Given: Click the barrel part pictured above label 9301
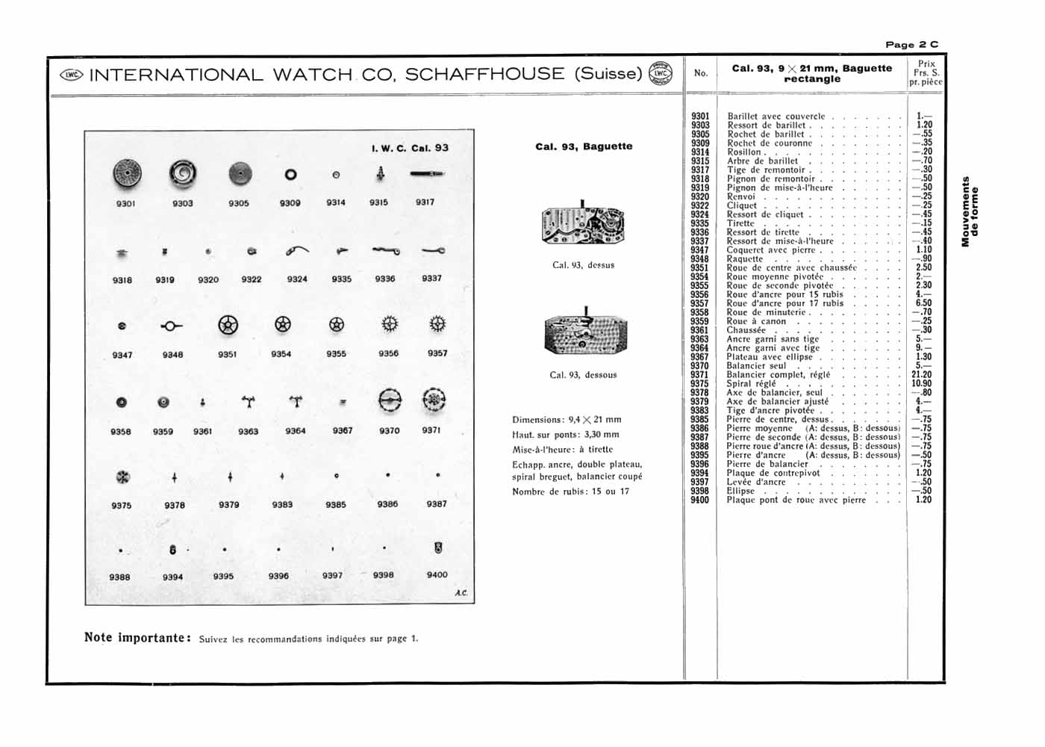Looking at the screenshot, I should pyautogui.click(x=127, y=174).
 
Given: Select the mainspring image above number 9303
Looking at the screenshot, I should pyautogui.click(x=182, y=174).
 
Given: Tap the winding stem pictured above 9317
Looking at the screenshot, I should pyautogui.click(x=427, y=174).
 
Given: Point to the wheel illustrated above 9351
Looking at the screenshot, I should pyautogui.click(x=228, y=325).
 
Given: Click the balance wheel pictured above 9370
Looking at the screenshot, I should pyautogui.click(x=390, y=401).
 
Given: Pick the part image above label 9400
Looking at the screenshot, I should pyautogui.click(x=438, y=548).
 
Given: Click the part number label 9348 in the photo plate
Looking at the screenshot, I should pyautogui.click(x=172, y=355).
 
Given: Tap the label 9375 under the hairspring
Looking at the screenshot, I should pyautogui.click(x=122, y=506).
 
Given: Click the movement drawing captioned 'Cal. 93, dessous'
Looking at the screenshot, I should pyautogui.click(x=585, y=332).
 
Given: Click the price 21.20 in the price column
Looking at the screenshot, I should pyautogui.click(x=922, y=375).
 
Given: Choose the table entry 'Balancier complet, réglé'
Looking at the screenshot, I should pyautogui.click(x=778, y=375).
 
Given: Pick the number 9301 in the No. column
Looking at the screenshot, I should pyautogui.click(x=700, y=117).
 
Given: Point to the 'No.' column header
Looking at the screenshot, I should pyautogui.click(x=701, y=73).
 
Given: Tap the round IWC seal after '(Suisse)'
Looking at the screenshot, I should pyautogui.click(x=661, y=73).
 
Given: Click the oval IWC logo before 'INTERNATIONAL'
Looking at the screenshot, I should pyautogui.click(x=71, y=75).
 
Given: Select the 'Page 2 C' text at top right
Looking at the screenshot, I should pyautogui.click(x=911, y=45).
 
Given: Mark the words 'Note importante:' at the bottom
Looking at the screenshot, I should pyautogui.click(x=137, y=638).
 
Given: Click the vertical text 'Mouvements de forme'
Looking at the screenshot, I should pyautogui.click(x=970, y=211).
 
